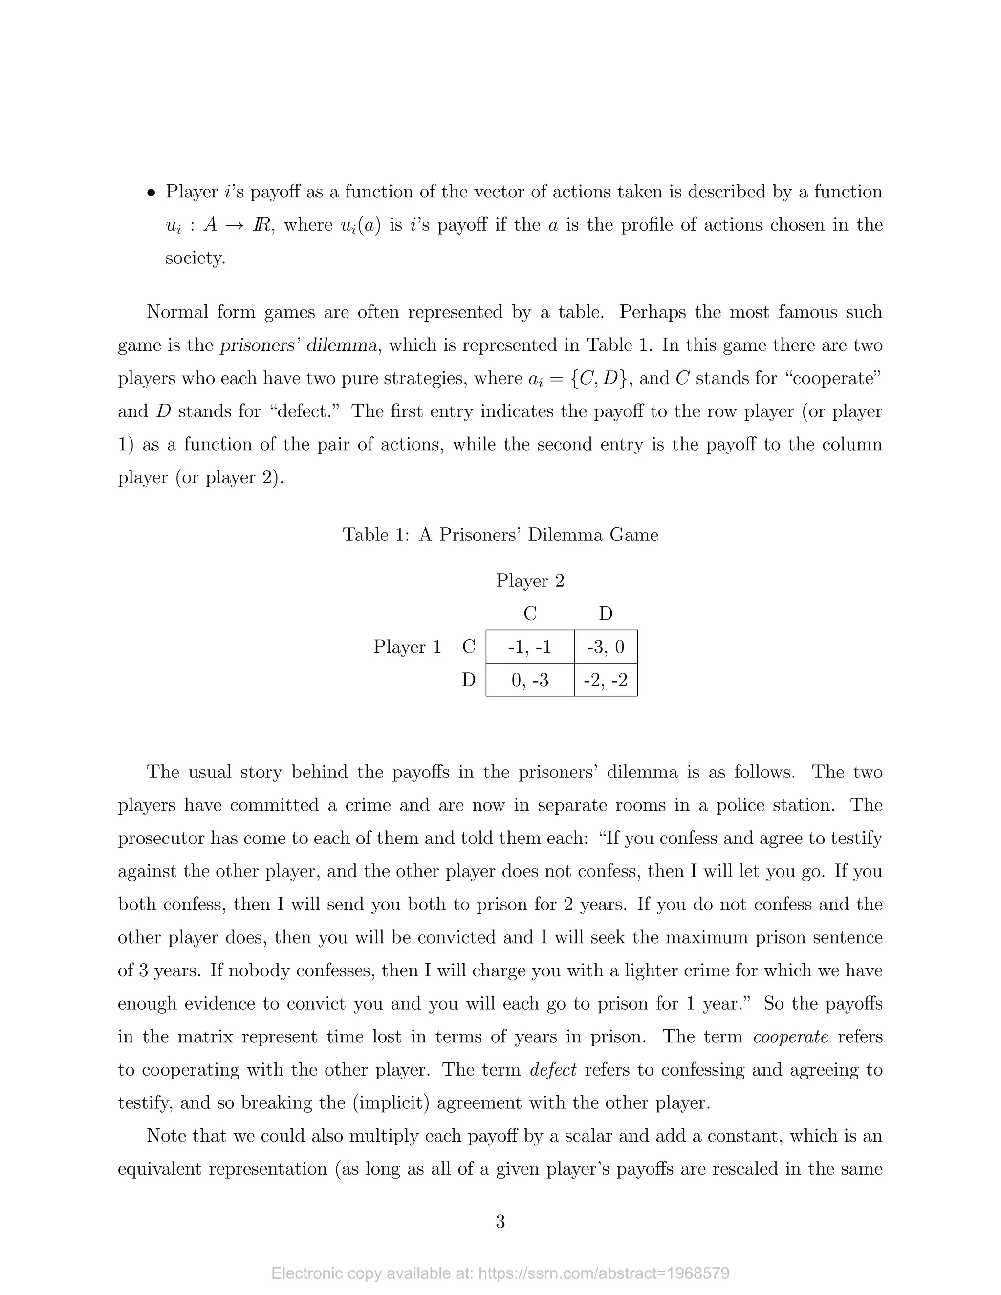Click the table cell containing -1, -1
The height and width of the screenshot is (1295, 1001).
[529, 647]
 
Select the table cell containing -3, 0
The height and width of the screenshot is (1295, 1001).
[606, 647]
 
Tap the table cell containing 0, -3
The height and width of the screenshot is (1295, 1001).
[529, 680]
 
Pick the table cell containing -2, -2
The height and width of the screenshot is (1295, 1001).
[606, 680]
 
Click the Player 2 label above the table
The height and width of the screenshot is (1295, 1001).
[529, 581]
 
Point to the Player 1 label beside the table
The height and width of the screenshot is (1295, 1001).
[408, 647]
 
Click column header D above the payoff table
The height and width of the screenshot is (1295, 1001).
[606, 614]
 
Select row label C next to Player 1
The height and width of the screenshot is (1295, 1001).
[468, 647]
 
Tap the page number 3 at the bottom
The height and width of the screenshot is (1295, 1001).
[500, 1222]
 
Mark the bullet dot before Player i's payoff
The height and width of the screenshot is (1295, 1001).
[152, 193]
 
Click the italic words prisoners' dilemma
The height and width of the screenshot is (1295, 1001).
[298, 345]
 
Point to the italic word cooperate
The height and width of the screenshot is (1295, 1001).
[790, 1036]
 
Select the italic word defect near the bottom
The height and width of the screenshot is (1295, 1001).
[553, 1070]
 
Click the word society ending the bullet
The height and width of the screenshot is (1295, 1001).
[195, 258]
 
